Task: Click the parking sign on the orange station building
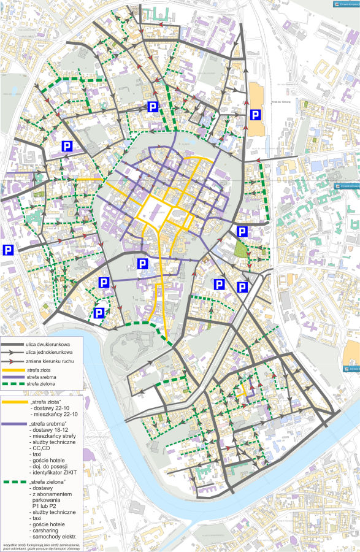pyautogui.click(x=256, y=115)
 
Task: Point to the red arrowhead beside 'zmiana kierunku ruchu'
pyautogui.click(x=15, y=362)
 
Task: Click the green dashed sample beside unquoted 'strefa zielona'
pyautogui.click(x=14, y=383)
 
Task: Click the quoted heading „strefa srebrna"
pyautogui.click(x=48, y=423)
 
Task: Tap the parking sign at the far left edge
pyautogui.click(x=8, y=250)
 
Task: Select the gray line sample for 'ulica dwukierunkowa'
pyautogui.click(x=14, y=345)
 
